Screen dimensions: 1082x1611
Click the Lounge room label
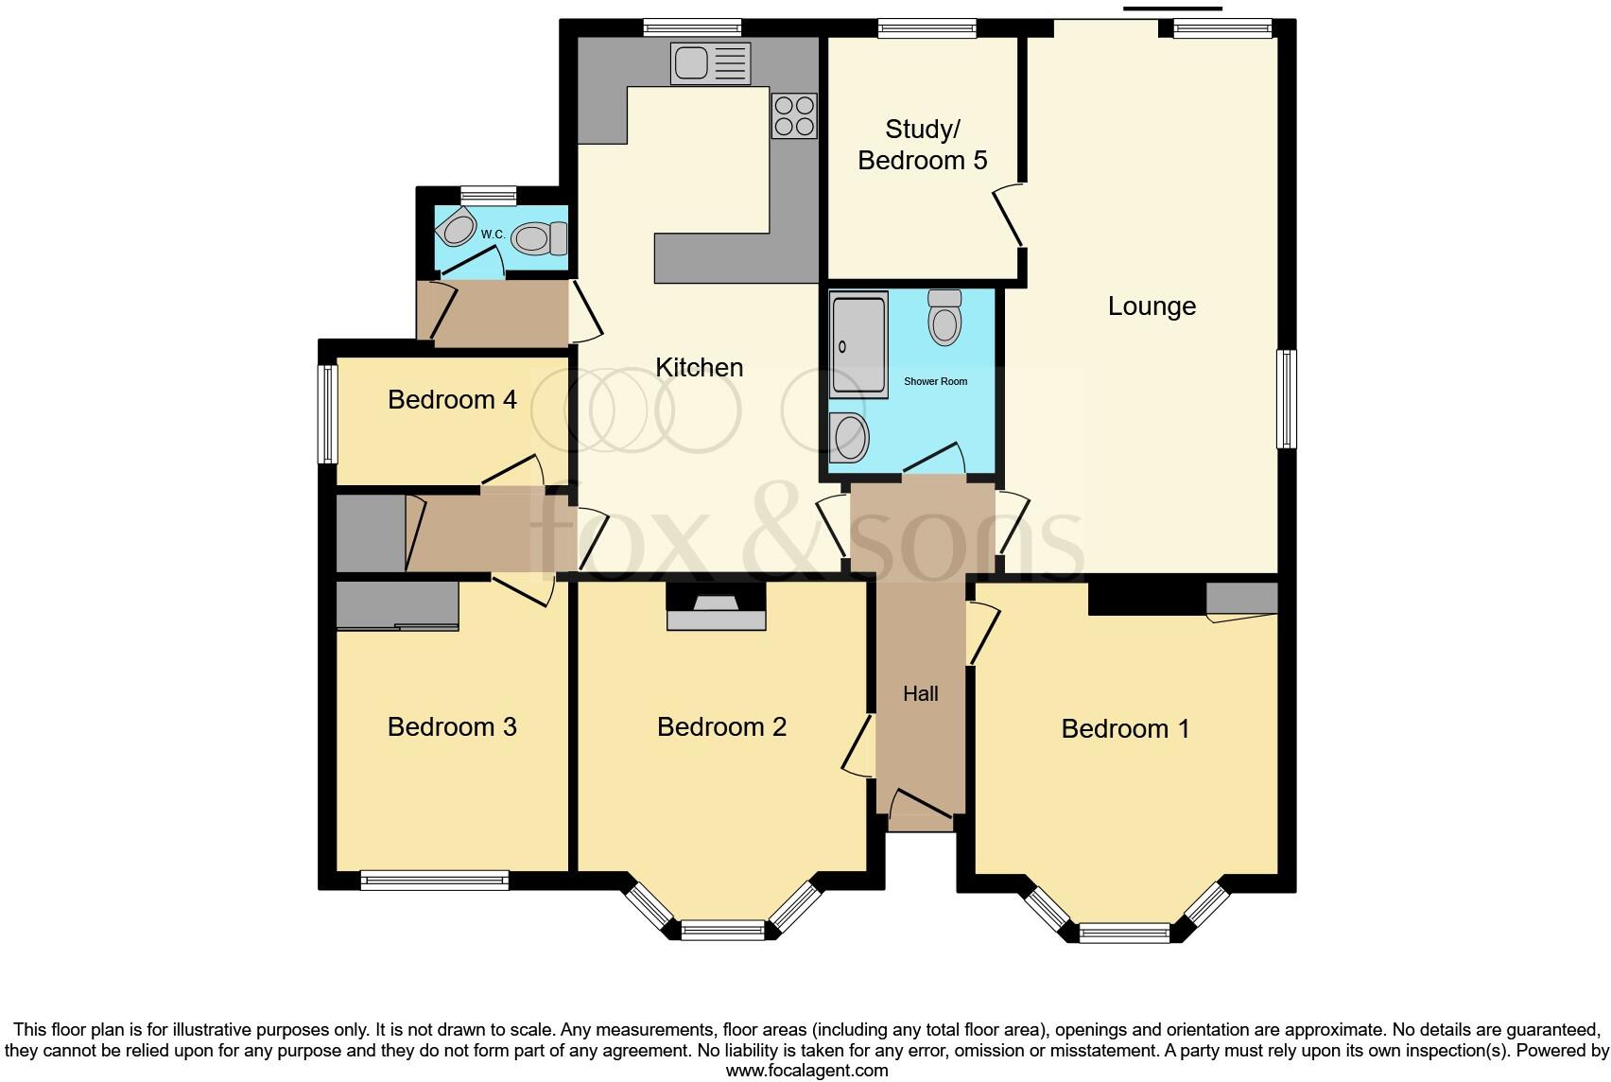click(1152, 306)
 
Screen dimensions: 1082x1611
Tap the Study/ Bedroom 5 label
click(923, 145)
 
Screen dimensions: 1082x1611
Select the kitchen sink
click(710, 64)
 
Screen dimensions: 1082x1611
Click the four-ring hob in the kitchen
click(794, 115)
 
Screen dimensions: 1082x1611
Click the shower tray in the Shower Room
click(858, 344)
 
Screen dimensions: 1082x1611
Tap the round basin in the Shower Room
click(850, 437)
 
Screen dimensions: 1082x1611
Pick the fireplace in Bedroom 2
click(716, 610)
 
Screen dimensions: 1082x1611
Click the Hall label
click(920, 694)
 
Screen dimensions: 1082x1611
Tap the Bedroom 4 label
click(452, 400)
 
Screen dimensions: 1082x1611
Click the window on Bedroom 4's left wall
click(327, 413)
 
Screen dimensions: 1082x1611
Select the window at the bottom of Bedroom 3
click(434, 881)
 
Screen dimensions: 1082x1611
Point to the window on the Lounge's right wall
click(1286, 398)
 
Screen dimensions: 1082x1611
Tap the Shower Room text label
click(935, 382)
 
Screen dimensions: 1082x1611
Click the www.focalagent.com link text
click(806, 1071)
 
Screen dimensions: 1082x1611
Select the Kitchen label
click(700, 368)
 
